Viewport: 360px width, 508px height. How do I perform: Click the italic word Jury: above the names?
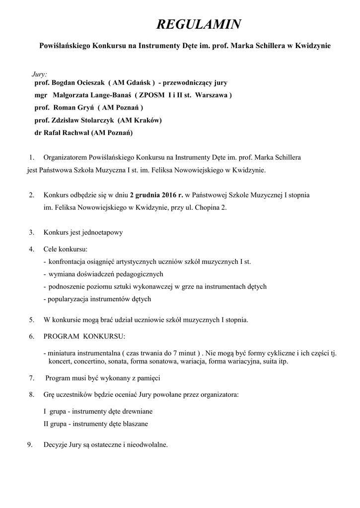pos(39,73)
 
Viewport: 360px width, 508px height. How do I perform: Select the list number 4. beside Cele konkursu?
pos(31,249)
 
